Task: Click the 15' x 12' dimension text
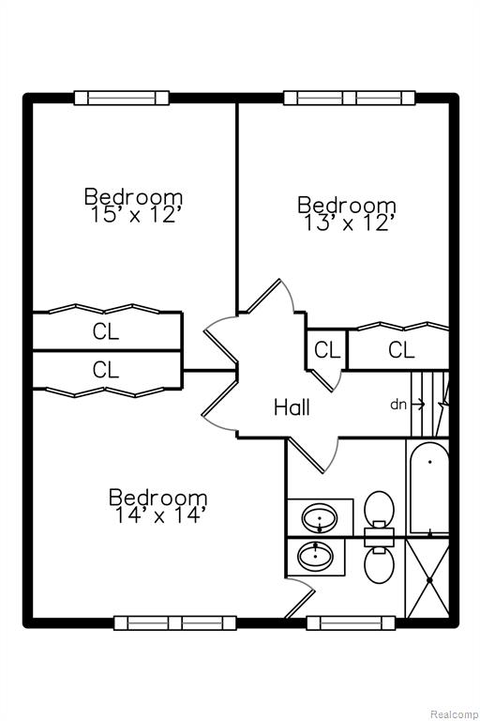point(134,214)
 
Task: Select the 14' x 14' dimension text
point(158,515)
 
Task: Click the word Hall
point(292,407)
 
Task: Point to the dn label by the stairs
point(398,405)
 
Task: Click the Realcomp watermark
point(455,714)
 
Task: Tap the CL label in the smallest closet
point(327,350)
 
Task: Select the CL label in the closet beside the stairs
point(401,350)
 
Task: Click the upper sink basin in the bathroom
point(320,518)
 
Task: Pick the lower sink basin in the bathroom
point(316,555)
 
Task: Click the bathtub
point(429,488)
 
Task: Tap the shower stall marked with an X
point(427,579)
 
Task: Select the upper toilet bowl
point(379,507)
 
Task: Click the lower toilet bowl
point(379,566)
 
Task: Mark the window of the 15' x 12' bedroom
point(122,98)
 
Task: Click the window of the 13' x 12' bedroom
point(350,98)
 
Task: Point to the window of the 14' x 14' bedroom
point(175,623)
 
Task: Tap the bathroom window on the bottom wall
point(351,623)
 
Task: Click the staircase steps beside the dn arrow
point(429,405)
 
